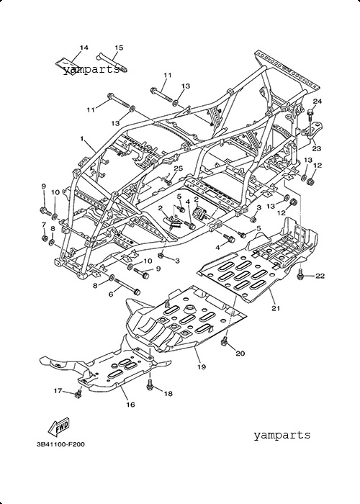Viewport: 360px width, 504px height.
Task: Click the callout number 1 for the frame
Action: tap(82, 139)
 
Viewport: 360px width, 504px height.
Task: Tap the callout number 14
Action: tap(84, 48)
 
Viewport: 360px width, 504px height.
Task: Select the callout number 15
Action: tap(119, 48)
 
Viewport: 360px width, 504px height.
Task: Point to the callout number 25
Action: tap(179, 168)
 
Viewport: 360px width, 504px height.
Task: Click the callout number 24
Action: tap(318, 102)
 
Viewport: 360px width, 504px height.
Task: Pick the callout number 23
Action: tap(317, 148)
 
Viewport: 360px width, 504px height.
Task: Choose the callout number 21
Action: tap(276, 308)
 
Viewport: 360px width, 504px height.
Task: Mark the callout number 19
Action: tap(202, 366)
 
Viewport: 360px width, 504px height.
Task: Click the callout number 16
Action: tap(130, 405)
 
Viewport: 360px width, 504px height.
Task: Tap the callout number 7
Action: tap(44, 225)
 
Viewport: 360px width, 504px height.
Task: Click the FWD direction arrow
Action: tap(59, 428)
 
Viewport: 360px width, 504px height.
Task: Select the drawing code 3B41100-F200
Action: tap(60, 444)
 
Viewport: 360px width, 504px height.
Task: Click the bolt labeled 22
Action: tap(300, 274)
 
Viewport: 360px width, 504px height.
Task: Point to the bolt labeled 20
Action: tap(225, 341)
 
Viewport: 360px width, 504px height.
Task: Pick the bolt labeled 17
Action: tap(78, 393)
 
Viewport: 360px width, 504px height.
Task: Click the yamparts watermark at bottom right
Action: tap(282, 435)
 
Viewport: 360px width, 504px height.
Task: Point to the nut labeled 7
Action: tap(45, 238)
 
